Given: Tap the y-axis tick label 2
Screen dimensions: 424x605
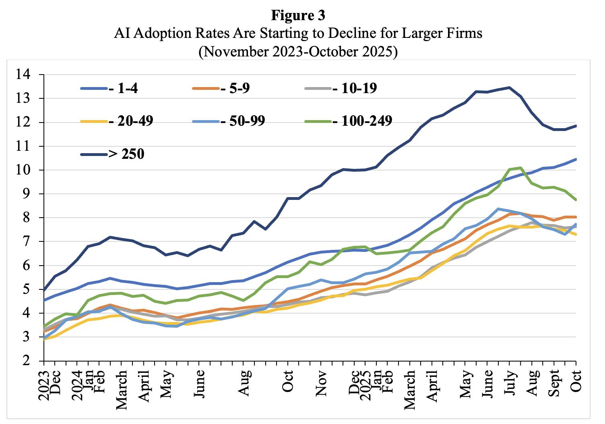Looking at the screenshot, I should point(27,361).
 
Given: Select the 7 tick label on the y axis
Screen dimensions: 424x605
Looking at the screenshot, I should point(27,242).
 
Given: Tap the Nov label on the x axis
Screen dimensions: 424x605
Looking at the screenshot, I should point(321,384).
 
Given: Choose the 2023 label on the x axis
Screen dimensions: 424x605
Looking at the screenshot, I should point(43,386).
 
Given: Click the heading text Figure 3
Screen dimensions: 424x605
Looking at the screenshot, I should point(298,15).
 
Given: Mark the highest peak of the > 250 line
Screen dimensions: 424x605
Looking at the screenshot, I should point(509,87).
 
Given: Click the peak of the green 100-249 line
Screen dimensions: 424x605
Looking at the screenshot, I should point(520,167).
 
